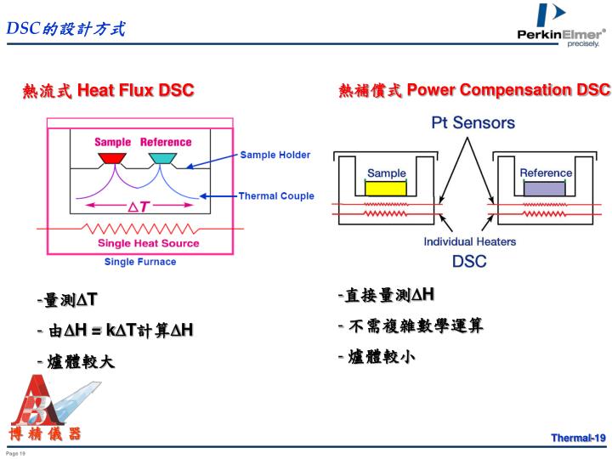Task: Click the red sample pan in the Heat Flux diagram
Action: [111, 158]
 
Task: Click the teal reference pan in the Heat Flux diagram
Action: [161, 158]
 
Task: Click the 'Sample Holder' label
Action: [275, 155]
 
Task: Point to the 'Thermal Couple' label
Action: [276, 195]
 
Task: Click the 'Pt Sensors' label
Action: [473, 122]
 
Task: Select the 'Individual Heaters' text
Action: [469, 241]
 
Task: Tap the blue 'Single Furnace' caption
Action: [140, 262]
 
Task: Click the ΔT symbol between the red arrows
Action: [139, 206]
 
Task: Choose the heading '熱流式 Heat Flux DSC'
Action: [108, 90]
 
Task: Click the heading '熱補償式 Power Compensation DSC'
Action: [474, 90]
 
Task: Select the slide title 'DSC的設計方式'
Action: [65, 29]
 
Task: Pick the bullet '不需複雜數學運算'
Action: [413, 326]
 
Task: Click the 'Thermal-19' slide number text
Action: [577, 438]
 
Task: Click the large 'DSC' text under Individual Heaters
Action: [469, 261]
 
